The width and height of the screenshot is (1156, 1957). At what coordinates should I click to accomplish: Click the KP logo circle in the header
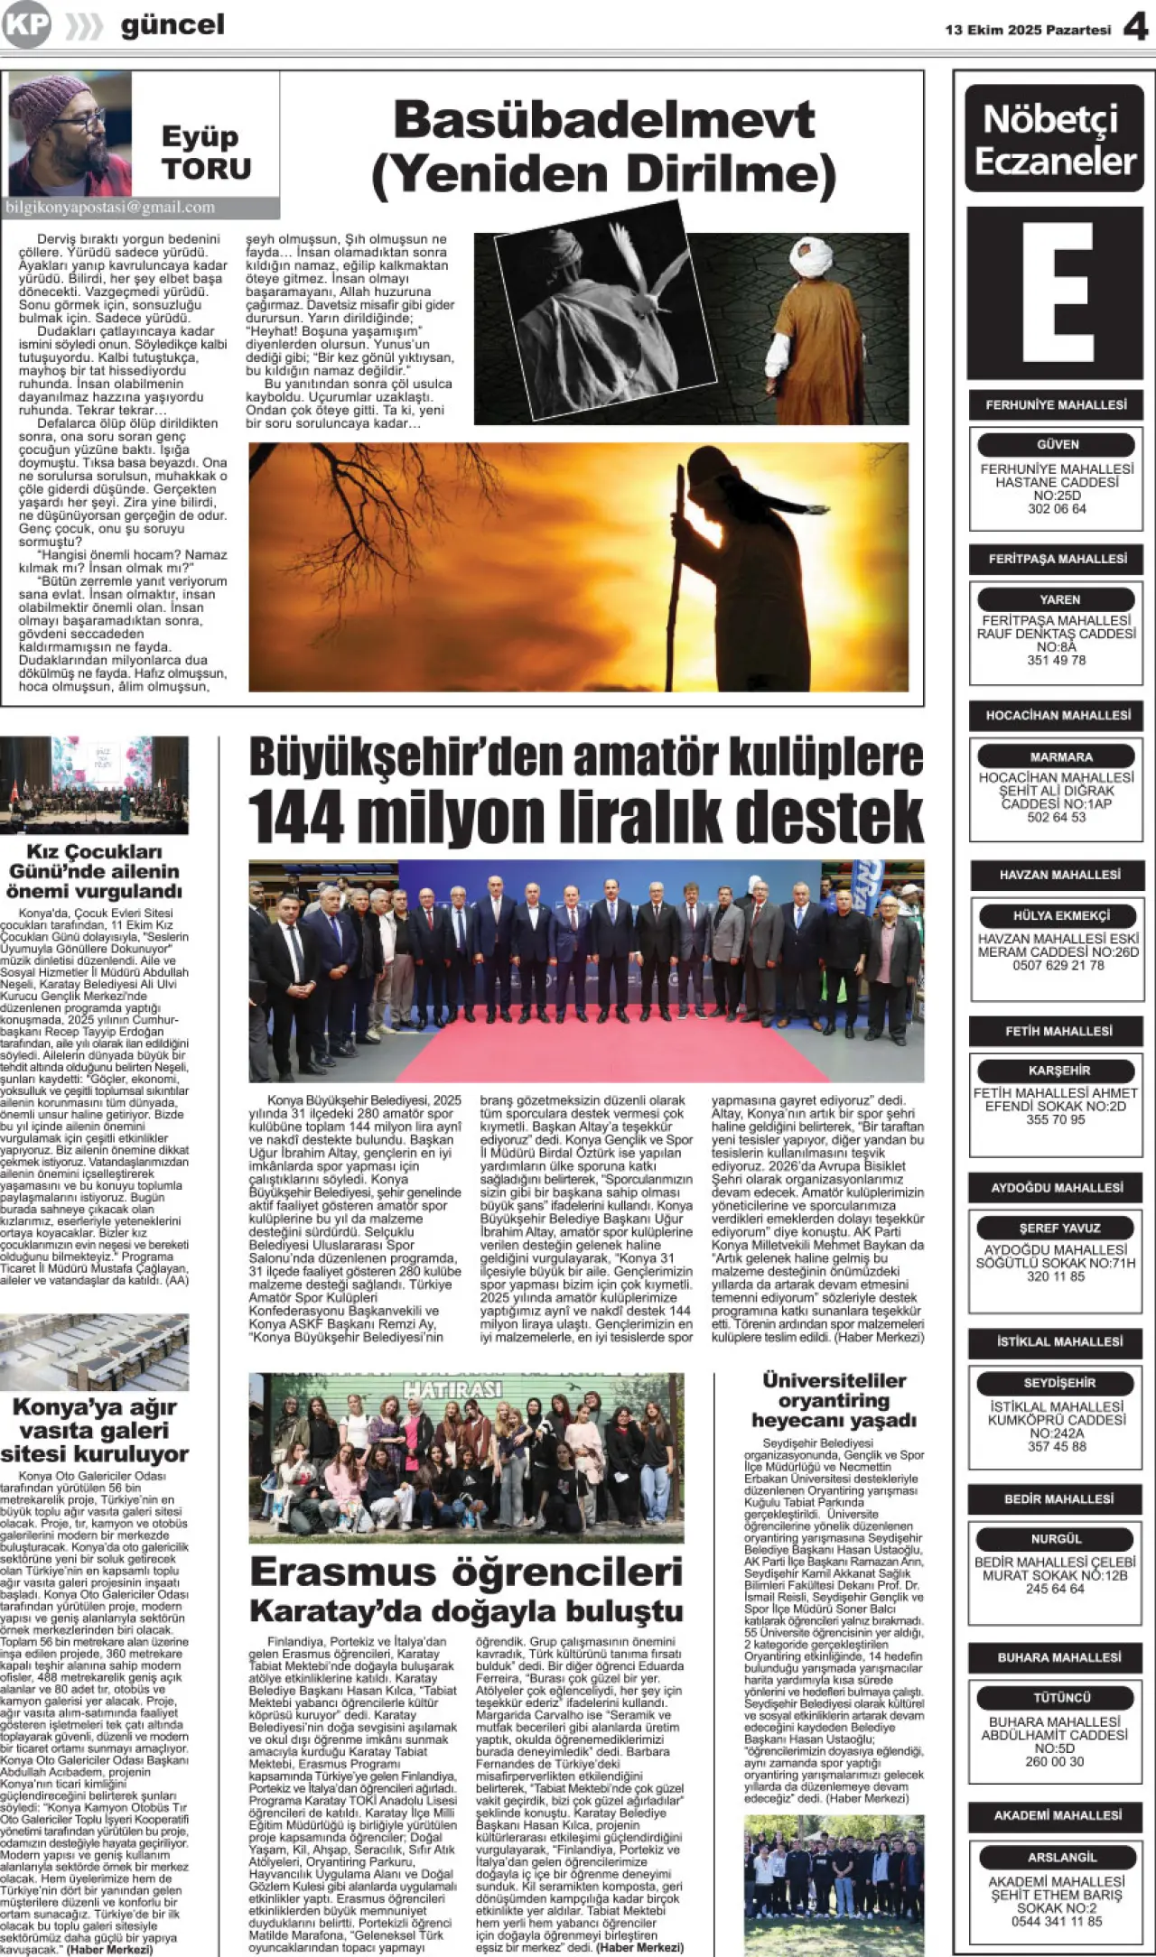pos(25,25)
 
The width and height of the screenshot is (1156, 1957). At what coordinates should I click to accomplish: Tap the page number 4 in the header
pos(1135,28)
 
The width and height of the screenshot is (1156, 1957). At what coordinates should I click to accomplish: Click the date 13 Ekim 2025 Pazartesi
pos(1028,30)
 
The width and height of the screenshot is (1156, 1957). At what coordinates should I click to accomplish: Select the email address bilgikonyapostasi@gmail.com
pos(110,208)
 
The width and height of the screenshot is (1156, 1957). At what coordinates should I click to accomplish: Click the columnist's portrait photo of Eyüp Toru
pos(70,134)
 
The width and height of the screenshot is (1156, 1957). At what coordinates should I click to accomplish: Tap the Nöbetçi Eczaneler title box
pos(1055,139)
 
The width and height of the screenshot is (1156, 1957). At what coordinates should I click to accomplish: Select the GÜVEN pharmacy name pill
pos(1057,444)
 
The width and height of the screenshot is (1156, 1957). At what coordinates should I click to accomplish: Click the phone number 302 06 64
pos(1057,509)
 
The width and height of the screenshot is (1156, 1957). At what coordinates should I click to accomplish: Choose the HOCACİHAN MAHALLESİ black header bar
pos(1058,716)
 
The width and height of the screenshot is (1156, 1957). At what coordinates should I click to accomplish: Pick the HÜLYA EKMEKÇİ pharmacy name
pos(1060,915)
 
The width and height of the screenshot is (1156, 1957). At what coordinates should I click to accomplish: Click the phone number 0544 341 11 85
pos(1057,1922)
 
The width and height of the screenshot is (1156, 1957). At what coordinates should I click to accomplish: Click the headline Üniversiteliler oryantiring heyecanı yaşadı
pos(834,1400)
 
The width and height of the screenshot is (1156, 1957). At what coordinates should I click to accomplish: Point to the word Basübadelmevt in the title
pos(604,120)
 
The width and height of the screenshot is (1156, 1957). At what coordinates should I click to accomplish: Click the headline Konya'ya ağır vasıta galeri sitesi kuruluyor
pos(94,1431)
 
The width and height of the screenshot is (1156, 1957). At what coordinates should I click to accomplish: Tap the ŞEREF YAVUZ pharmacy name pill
pos(1058,1228)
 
